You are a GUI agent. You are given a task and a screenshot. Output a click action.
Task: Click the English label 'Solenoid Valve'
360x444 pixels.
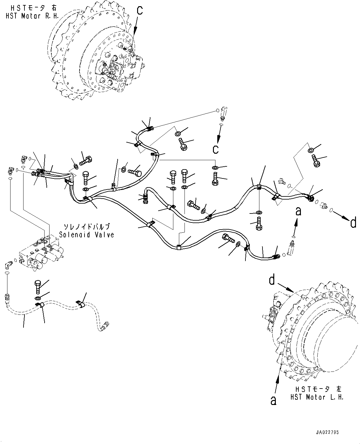87,235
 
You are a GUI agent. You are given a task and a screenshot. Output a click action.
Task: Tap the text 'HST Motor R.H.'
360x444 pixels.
32,16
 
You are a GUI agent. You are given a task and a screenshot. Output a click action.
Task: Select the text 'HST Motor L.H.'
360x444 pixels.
317,397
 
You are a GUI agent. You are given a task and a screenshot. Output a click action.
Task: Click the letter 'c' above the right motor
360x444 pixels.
140,11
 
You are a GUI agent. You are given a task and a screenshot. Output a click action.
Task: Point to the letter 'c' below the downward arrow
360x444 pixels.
215,149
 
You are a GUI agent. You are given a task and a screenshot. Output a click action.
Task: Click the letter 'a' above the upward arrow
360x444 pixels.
298,211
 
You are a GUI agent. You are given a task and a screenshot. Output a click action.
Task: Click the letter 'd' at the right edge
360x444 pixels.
353,222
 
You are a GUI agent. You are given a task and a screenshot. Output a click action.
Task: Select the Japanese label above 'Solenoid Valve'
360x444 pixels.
87,226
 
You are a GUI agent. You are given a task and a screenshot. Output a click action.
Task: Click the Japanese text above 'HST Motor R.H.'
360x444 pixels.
34,8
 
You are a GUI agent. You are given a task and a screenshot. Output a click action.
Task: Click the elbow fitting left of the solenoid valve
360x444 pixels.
8,265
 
